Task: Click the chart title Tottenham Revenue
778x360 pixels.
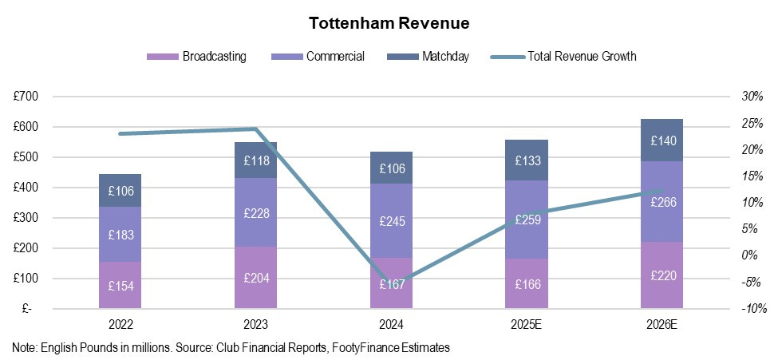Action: click(389, 23)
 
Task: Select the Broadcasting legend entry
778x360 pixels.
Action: click(196, 56)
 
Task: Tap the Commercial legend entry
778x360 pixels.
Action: click(318, 56)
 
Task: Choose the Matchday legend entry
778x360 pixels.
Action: click(428, 56)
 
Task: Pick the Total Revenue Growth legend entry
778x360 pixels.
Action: click(563, 56)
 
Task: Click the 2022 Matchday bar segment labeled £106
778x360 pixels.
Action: click(120, 190)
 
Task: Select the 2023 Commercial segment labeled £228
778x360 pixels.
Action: click(256, 212)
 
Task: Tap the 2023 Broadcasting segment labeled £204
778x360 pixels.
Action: click(256, 278)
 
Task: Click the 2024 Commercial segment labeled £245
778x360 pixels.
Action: click(392, 221)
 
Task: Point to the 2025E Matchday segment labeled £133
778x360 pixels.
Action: click(527, 160)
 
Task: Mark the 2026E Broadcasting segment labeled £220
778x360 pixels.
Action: click(661, 275)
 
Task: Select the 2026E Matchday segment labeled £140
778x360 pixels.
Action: click(661, 140)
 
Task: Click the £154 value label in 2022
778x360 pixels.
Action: click(120, 287)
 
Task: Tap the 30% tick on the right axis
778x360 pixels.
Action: click(752, 97)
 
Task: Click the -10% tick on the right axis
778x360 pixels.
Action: click(752, 309)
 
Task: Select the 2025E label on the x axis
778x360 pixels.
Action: click(527, 325)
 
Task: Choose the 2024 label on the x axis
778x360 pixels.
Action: click(392, 325)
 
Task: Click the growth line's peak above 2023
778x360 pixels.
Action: click(255, 129)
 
